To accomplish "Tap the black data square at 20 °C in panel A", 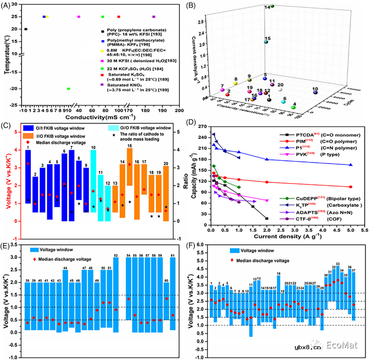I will click(26, 29).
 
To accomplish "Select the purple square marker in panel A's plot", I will click(154, 17).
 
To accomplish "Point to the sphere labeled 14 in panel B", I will click(272, 6).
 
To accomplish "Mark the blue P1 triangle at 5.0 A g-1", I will click(351, 165).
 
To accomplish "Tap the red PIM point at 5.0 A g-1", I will click(351, 187).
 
